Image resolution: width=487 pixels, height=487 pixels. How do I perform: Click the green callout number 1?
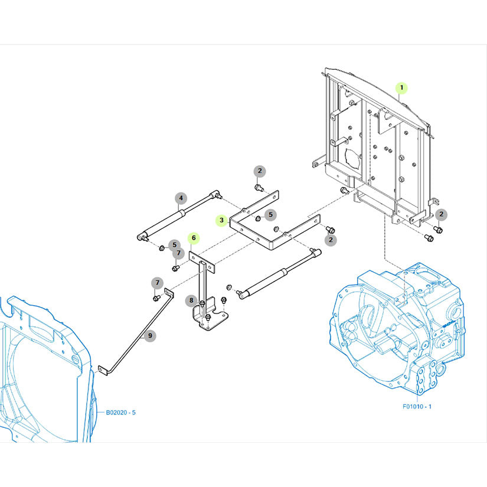pyautogui.click(x=401, y=88)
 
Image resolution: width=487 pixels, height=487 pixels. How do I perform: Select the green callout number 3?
pyautogui.click(x=221, y=220)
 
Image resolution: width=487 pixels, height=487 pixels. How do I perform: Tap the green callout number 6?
pyautogui.click(x=194, y=238)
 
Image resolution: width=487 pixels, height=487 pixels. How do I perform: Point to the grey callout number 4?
pyautogui.click(x=181, y=198)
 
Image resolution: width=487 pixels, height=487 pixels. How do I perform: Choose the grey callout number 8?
pyautogui.click(x=191, y=300)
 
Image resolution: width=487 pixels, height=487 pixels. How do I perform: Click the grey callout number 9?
pyautogui.click(x=150, y=336)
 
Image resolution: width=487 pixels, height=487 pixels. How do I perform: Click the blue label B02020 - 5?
pyautogui.click(x=121, y=413)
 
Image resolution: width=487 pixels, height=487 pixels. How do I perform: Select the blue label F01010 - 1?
pyautogui.click(x=417, y=406)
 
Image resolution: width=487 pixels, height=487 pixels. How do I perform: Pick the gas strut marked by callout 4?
pyautogui.click(x=179, y=216)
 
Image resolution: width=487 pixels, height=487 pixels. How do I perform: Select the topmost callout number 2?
pyautogui.click(x=260, y=171)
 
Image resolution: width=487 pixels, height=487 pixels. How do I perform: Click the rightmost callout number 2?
pyautogui.click(x=442, y=214)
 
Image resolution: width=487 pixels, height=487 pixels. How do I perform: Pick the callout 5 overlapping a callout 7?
pyautogui.click(x=174, y=245)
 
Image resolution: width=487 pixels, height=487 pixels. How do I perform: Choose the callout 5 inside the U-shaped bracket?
pyautogui.click(x=270, y=215)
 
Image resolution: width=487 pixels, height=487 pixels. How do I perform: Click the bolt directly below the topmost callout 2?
pyautogui.click(x=259, y=188)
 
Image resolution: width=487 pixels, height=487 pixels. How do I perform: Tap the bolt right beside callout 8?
pyautogui.click(x=202, y=303)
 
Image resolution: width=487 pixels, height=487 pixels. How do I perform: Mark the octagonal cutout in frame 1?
pyautogui.click(x=353, y=158)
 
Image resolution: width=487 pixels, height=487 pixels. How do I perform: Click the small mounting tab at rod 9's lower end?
pyautogui.click(x=103, y=371)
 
